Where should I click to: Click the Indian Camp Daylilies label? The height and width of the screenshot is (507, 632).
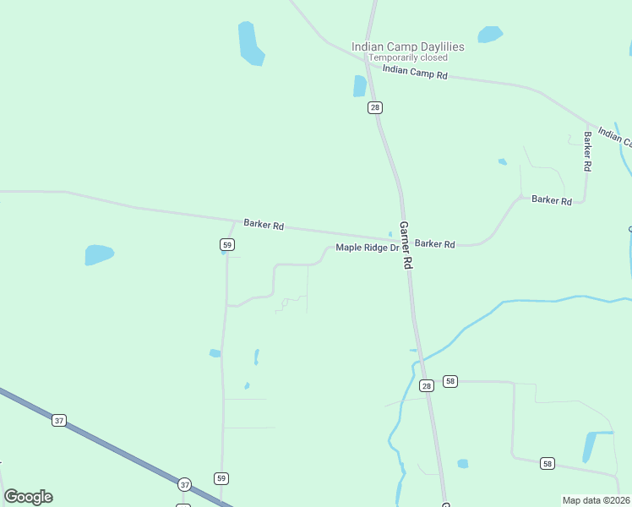click(x=408, y=47)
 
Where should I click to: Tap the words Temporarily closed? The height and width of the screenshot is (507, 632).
click(x=408, y=57)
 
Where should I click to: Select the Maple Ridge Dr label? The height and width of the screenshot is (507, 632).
click(x=367, y=248)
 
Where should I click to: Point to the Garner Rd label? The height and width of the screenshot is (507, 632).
click(x=406, y=245)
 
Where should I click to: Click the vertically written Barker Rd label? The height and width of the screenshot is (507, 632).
click(x=586, y=151)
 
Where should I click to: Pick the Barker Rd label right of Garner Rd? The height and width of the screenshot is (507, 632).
click(x=435, y=243)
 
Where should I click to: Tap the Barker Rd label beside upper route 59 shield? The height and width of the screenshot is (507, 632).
click(x=264, y=226)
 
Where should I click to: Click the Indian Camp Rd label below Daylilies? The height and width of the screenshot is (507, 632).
click(x=415, y=74)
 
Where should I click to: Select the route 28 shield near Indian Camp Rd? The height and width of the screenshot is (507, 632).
click(x=375, y=107)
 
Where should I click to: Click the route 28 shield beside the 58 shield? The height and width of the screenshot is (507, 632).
click(x=426, y=385)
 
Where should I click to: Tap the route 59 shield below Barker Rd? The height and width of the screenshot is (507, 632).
click(x=226, y=244)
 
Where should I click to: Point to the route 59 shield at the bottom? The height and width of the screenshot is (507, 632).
click(x=221, y=477)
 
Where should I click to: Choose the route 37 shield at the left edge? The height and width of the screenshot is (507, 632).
click(x=58, y=420)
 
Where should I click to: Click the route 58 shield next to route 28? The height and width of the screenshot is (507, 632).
click(x=450, y=381)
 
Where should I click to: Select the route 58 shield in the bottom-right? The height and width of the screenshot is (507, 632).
click(x=548, y=463)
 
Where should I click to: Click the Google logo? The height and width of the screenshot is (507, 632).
click(x=28, y=497)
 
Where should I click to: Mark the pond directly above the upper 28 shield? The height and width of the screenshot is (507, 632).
click(x=360, y=86)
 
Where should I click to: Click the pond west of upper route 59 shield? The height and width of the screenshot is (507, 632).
click(x=98, y=253)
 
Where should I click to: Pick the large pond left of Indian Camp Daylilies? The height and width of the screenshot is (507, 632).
click(x=251, y=43)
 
